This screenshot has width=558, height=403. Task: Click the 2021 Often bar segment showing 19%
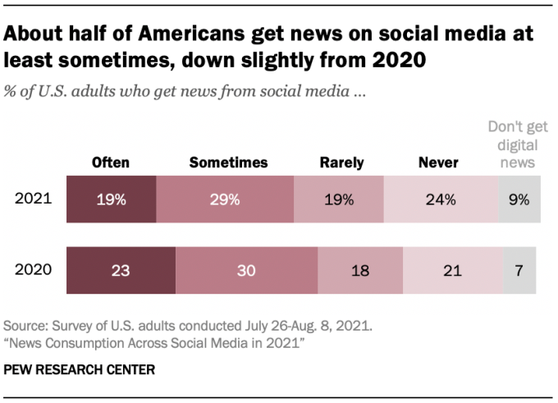[111, 199]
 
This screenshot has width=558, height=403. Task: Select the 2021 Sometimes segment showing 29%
[224, 199]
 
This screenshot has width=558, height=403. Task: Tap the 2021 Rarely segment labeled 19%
[339, 199]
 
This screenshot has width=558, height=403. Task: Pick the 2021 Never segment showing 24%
[441, 199]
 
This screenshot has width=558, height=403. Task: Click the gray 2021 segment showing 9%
[519, 199]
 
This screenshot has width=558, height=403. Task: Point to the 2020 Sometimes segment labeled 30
[246, 270]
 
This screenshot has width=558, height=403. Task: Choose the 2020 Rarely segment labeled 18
[360, 270]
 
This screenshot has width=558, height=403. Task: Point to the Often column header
[111, 163]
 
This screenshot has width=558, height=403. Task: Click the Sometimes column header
[228, 163]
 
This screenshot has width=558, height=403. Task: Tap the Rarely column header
[341, 163]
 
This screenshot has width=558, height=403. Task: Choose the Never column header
[438, 163]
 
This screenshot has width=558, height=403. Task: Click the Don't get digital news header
[513, 145]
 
